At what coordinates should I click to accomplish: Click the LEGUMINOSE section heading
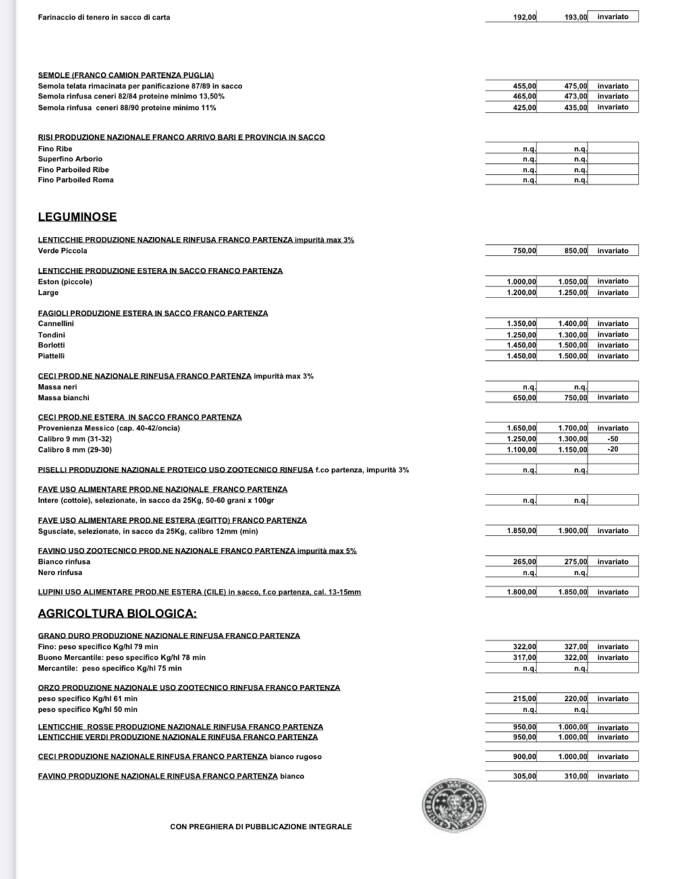point(77,217)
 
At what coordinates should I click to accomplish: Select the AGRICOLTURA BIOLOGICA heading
point(117,614)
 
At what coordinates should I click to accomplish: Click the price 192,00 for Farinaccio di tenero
point(524,17)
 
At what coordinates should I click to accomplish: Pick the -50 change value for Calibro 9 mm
point(613,439)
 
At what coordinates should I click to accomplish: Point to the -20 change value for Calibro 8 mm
point(613,450)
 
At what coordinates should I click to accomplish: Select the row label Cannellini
point(56,324)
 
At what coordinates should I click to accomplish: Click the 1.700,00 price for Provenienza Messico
point(572,428)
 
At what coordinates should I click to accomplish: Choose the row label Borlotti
point(51,345)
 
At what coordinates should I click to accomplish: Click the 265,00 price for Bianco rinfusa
point(524,562)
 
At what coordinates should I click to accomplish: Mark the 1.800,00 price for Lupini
point(521,592)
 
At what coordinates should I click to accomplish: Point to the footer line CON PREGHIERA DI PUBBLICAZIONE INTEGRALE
point(261,827)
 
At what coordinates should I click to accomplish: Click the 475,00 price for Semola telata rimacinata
point(576,86)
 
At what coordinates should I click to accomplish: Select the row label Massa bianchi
point(63,398)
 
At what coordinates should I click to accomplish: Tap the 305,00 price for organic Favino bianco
point(524,776)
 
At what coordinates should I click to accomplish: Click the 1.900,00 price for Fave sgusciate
point(572,531)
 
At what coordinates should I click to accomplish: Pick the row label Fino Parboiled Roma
point(76,180)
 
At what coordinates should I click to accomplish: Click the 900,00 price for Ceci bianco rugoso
point(524,757)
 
